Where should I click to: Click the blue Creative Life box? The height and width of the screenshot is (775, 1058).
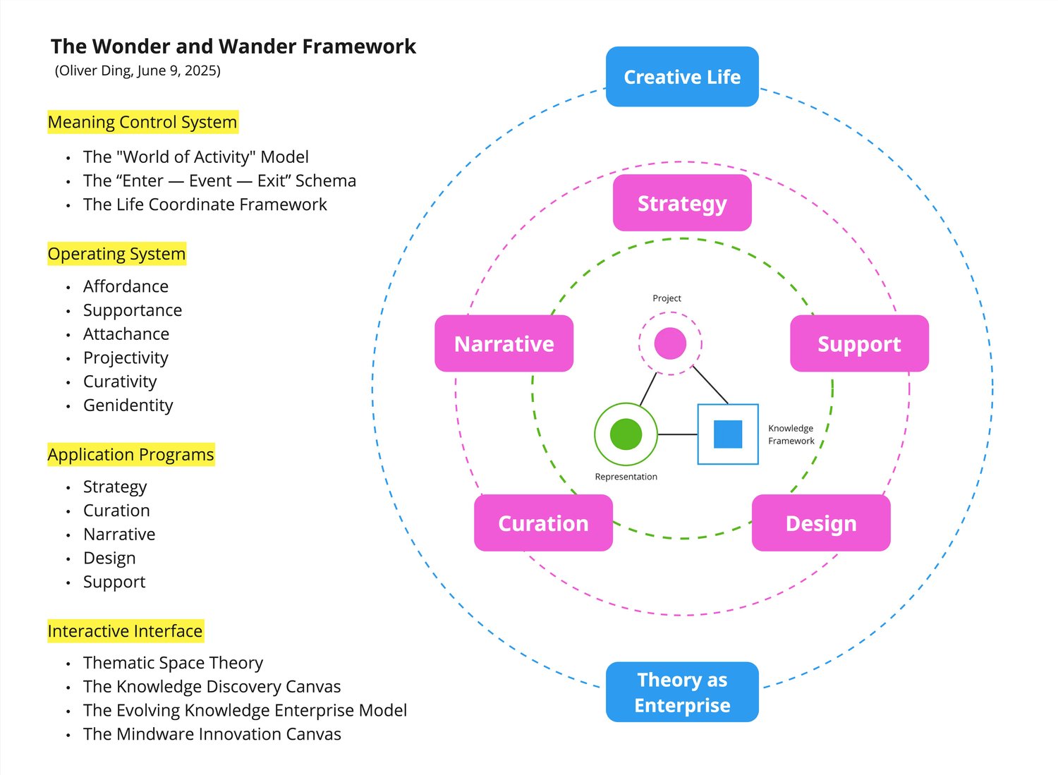682,77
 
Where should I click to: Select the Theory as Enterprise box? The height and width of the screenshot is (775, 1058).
682,692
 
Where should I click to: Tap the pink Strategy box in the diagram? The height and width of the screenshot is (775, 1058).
682,203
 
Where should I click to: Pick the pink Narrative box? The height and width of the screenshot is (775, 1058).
504,343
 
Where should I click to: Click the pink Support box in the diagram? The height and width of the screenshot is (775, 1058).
859,343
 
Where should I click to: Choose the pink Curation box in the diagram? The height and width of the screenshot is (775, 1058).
543,523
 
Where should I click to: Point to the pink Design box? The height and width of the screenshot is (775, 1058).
821,523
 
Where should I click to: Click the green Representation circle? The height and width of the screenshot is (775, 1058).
626,434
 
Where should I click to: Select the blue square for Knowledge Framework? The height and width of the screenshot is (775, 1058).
728,434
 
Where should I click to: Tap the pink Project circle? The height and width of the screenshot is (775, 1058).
670,343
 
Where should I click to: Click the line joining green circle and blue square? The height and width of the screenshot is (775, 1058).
677,434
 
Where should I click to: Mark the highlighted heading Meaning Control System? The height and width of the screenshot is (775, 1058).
142,122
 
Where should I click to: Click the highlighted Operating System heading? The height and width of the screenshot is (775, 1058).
116,254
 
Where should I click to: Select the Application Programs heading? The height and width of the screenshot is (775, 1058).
130,455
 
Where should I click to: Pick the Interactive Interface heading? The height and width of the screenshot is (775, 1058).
125,631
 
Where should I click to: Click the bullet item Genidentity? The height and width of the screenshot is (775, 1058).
128,405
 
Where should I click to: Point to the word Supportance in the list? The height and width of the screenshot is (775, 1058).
133,310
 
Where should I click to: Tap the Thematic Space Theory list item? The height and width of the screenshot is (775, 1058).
173,663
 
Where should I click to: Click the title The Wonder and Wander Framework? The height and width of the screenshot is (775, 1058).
233,47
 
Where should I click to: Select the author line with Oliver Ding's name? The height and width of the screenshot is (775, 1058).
138,71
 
